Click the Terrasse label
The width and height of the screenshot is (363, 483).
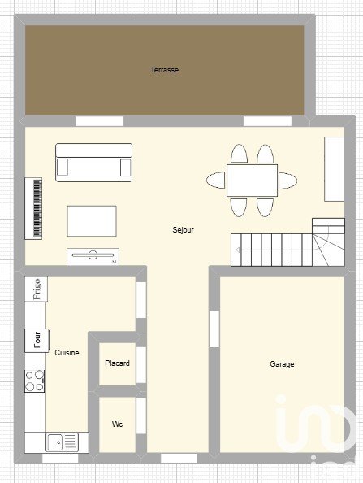[x=165, y=70]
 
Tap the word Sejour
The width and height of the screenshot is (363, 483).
[x=183, y=230]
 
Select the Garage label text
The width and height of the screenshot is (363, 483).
[x=282, y=364]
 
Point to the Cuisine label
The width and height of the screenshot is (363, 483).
[x=67, y=352]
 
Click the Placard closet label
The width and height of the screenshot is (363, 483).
[x=117, y=363]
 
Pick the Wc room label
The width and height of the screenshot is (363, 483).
[x=117, y=424]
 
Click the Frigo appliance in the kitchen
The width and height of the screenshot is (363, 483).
[x=36, y=289]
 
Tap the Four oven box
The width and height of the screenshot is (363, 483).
[x=37, y=340]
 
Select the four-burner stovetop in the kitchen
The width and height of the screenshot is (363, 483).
[x=34, y=381]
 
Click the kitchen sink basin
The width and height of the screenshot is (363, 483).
[x=54, y=442]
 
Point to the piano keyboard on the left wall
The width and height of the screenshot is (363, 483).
[x=33, y=208]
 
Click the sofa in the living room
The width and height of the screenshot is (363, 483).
[x=94, y=163]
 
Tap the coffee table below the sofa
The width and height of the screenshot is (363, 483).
[x=92, y=221]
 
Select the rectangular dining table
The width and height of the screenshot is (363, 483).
[x=252, y=181]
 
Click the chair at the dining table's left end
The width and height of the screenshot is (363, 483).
[x=216, y=180]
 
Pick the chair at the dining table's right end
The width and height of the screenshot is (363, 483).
[x=288, y=181]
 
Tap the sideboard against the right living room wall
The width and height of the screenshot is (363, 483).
[x=335, y=169]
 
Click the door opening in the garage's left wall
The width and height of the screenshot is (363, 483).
[x=214, y=329]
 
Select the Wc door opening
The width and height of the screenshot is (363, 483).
[x=140, y=416]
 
